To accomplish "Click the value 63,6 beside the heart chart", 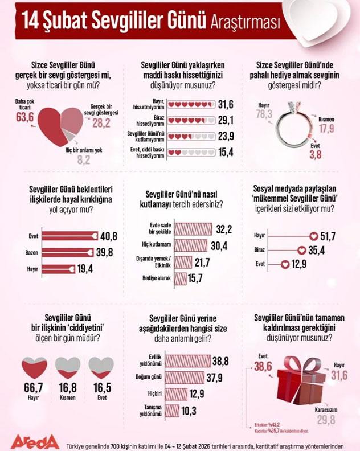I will (24, 117).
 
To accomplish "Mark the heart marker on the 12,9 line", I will (285, 264).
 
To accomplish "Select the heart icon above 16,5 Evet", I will (101, 367).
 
